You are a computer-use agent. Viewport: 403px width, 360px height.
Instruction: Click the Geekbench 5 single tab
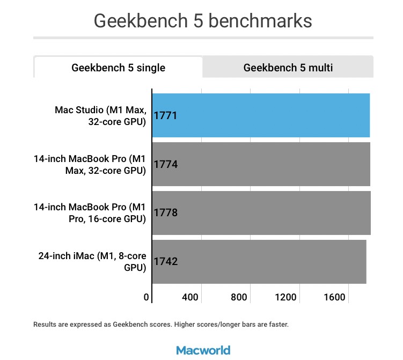point(118,68)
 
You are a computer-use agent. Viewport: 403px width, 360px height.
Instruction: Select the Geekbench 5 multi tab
point(288,68)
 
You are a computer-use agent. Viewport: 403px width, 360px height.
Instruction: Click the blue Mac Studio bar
point(261,115)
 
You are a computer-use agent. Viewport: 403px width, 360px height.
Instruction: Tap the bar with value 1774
point(261,164)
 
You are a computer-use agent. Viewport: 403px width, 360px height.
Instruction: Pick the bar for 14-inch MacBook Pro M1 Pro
point(261,213)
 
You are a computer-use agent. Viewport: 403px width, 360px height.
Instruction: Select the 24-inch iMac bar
point(259,262)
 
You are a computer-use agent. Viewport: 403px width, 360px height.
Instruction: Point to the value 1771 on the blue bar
point(165,115)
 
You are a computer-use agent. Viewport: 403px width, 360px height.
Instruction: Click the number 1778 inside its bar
point(165,213)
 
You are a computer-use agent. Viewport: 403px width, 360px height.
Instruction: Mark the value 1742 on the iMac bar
point(165,262)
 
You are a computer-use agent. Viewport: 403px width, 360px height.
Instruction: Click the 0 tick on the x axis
point(146,297)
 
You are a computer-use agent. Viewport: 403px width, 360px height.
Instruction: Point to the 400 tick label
point(190,297)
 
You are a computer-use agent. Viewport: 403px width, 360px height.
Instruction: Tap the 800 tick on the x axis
point(239,297)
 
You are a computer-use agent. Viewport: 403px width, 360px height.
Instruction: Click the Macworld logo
point(203,350)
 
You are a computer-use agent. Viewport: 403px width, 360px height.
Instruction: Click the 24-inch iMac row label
point(92,262)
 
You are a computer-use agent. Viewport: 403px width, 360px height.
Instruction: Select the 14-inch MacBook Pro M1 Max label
point(90,165)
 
